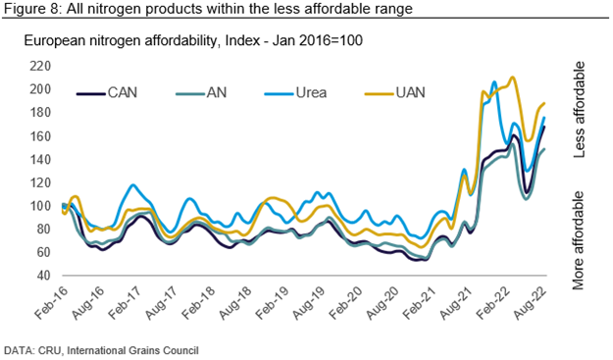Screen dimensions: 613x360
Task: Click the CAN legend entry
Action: pos(107,93)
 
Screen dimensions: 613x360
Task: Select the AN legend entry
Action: pos(201,93)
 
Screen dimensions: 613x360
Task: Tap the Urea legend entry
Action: pos(295,93)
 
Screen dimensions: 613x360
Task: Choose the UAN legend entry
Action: pos(395,93)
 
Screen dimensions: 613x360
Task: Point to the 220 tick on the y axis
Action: pos(40,66)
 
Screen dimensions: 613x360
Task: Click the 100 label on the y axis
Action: pos(40,206)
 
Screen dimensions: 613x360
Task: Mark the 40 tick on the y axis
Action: pos(44,276)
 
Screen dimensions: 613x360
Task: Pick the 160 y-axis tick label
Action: pos(40,136)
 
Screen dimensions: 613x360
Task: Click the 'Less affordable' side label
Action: pos(579,110)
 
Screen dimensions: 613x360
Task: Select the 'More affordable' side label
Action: pos(579,240)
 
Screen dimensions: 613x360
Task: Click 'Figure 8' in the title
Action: pos(30,9)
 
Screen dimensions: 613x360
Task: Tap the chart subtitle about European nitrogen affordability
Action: pos(193,40)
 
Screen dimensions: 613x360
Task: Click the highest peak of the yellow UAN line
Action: pos(512,77)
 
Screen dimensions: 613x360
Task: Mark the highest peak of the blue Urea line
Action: pos(494,81)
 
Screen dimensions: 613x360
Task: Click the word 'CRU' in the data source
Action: pos(49,350)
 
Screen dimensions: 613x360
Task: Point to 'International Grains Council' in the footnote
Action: pos(130,350)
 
